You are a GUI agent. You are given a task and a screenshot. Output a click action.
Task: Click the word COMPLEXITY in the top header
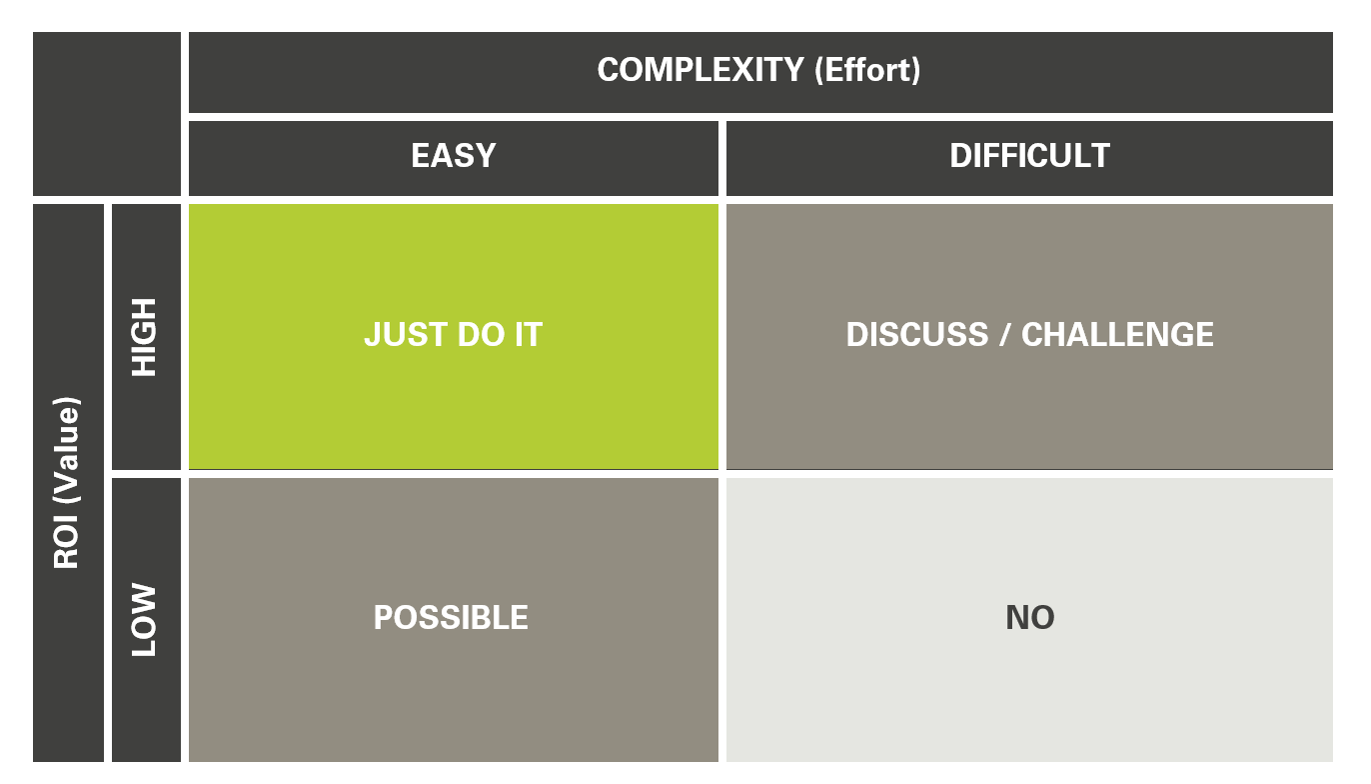[699, 70]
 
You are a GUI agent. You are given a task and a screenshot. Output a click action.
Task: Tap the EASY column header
[453, 156]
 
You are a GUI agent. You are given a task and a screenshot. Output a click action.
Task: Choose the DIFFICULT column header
[1029, 156]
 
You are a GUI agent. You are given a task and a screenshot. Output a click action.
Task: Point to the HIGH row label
[146, 337]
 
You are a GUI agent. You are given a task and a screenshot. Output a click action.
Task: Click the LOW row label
[146, 620]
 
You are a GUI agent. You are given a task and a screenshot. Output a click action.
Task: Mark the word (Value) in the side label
[67, 455]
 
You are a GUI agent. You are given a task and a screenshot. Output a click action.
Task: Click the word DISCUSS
[917, 334]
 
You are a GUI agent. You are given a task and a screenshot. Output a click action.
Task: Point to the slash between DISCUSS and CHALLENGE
[1004, 334]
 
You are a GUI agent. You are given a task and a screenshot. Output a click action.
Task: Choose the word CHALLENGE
[1117, 334]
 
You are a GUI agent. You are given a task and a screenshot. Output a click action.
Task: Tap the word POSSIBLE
[451, 618]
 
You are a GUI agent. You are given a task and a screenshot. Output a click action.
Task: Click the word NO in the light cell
[1029, 618]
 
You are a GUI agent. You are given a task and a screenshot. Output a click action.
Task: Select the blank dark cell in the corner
[107, 114]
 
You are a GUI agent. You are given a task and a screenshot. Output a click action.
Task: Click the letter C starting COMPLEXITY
[608, 70]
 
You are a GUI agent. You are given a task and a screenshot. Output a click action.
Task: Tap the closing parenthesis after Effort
[915, 70]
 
